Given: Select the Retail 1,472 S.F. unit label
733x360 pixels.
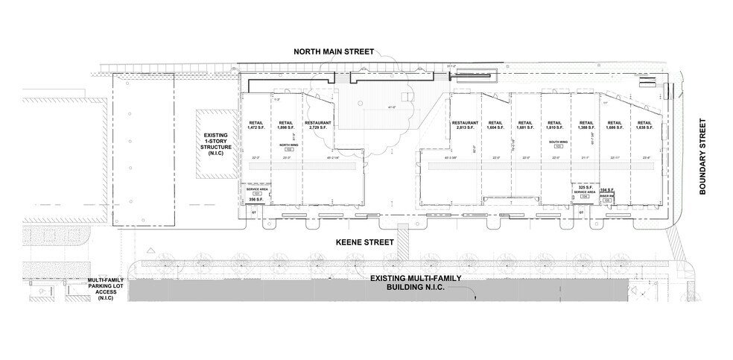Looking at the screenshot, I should (256, 126).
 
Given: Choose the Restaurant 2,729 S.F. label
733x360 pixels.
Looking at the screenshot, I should (317, 126).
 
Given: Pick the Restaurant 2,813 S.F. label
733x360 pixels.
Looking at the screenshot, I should (465, 126).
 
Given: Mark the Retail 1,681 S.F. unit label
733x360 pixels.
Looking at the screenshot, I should (524, 126).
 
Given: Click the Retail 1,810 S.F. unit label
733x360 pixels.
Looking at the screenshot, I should (554, 126).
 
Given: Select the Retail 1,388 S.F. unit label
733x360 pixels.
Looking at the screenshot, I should (586, 126).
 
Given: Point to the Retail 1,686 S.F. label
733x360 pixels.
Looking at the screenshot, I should (615, 126).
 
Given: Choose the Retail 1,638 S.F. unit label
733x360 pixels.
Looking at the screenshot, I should (644, 126).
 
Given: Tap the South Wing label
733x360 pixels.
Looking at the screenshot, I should (558, 142).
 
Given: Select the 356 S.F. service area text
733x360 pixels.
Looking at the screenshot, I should (256, 200).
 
